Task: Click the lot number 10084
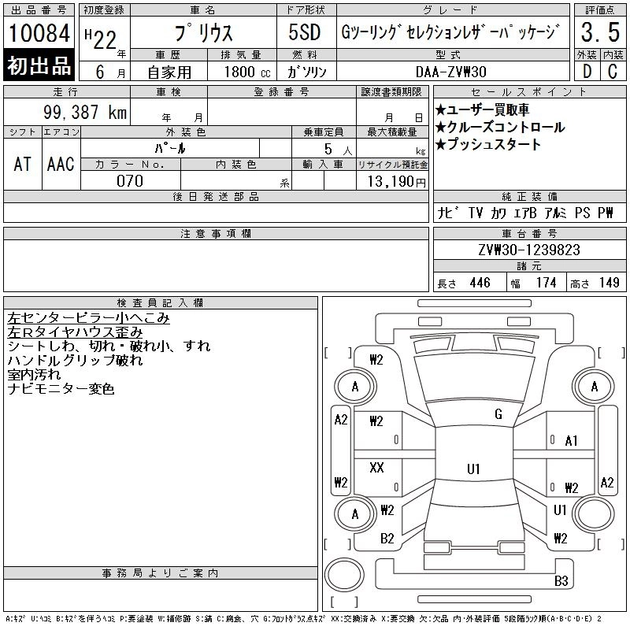[39, 33]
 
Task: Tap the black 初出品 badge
[39, 66]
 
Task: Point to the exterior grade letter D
[587, 71]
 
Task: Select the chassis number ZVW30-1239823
[529, 250]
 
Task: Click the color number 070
[130, 181]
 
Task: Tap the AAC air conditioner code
[61, 164]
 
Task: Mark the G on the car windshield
[498, 414]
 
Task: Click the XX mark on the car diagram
[376, 468]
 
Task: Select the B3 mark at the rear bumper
[561, 582]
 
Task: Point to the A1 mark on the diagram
[572, 441]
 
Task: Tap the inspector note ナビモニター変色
[61, 389]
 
